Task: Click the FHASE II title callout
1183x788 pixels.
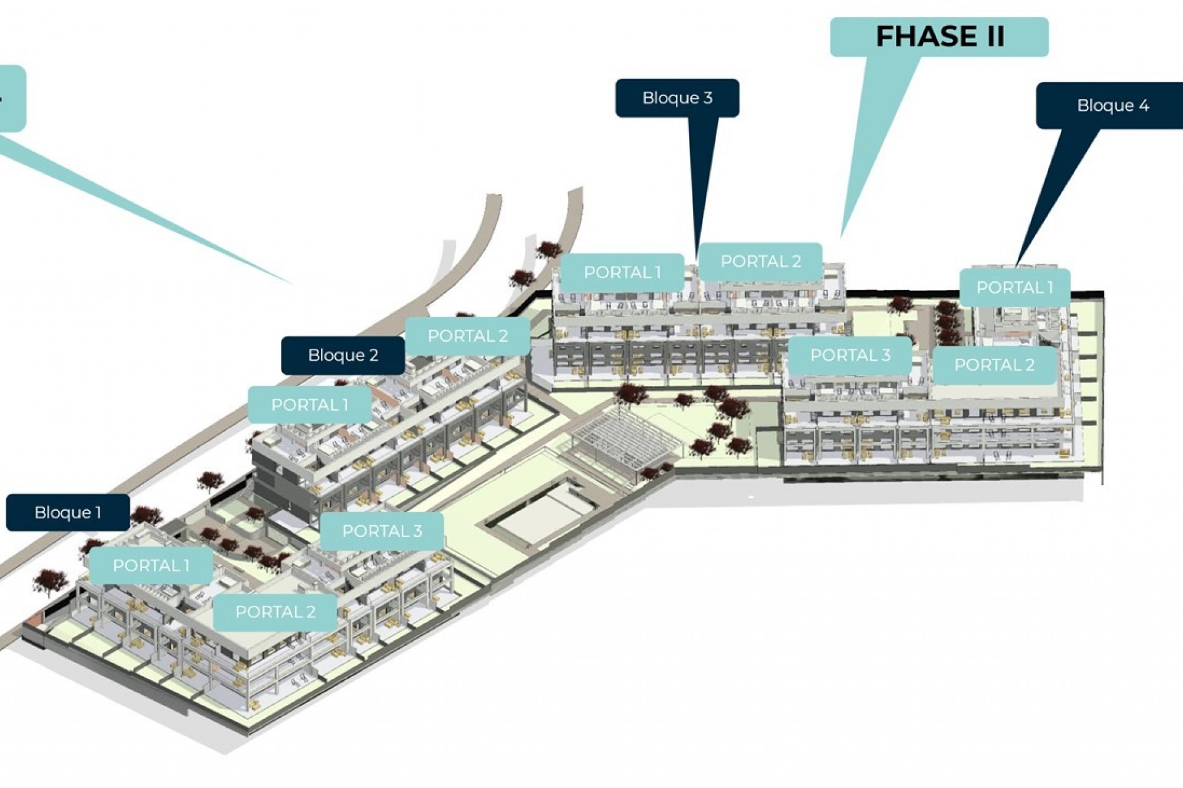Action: point(939,37)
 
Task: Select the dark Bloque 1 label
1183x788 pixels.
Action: point(68,512)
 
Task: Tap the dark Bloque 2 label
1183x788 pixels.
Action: point(343,355)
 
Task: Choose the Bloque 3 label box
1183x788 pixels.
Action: point(677,98)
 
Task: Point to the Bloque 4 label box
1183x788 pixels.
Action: point(1113,106)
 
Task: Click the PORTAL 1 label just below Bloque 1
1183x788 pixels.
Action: point(151,565)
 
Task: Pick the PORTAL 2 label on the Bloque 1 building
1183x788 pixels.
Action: point(275,611)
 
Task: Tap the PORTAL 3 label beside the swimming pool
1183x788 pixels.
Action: point(382,531)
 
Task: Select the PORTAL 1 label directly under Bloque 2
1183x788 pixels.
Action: point(309,404)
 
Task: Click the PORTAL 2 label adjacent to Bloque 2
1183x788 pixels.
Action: point(468,336)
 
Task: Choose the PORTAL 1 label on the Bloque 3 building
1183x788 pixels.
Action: point(622,272)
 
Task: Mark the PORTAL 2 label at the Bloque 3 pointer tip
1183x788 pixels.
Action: point(760,262)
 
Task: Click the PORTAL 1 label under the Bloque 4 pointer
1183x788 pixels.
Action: point(1015,287)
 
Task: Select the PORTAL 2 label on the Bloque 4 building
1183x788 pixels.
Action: point(994,364)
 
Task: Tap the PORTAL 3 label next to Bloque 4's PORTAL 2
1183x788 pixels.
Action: point(850,355)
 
